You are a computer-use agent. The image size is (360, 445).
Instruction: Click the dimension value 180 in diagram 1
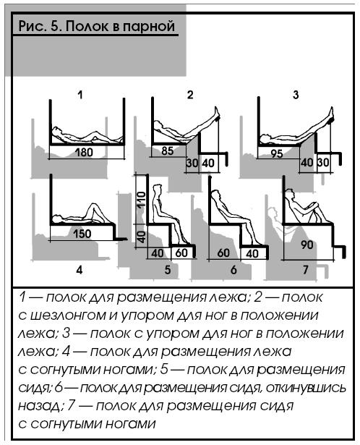84,153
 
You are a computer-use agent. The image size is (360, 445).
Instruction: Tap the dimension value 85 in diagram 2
167,151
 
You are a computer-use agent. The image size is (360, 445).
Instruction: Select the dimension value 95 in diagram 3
277,153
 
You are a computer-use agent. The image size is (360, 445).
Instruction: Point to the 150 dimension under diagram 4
82,234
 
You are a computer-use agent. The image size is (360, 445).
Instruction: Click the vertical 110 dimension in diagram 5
142,200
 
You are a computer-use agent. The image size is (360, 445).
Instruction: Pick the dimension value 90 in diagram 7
307,245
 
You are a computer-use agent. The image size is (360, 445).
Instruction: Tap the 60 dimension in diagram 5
181,253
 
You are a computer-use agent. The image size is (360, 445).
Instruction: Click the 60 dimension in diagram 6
223,253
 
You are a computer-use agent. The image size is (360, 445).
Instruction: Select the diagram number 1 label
80,95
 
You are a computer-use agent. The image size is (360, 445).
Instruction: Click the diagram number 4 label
80,270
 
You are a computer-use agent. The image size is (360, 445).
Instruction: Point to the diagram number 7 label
305,270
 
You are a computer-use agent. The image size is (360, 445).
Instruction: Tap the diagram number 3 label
296,95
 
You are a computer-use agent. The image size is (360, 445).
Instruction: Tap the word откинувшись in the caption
306,388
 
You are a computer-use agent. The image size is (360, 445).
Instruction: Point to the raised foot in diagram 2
218,113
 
